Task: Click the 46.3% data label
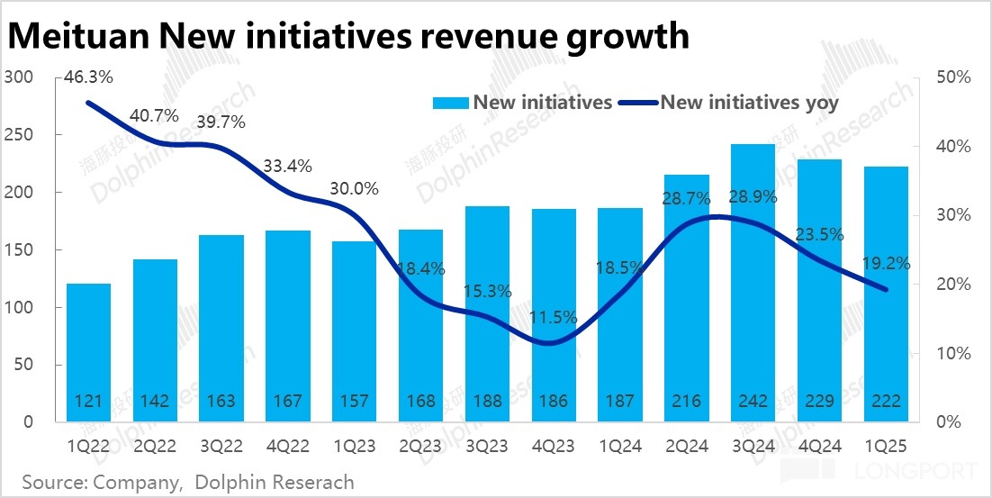88,78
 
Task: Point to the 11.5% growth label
555,318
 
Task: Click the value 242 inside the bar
753,400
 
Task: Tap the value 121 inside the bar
88,400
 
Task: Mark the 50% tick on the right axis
952,78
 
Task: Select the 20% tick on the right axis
952,285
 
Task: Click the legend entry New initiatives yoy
749,102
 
